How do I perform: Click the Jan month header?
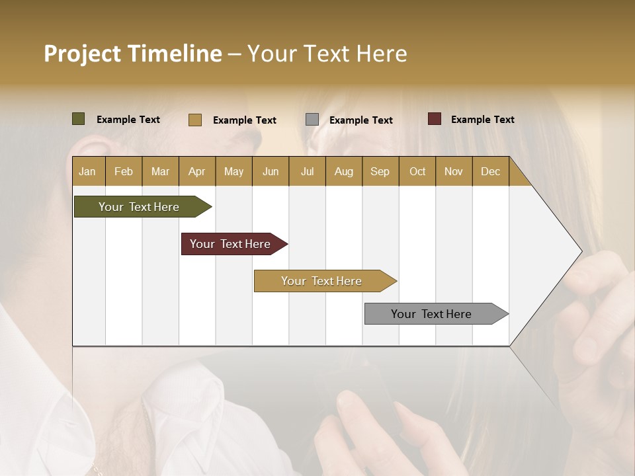[x=87, y=172]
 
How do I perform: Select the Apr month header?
[x=196, y=172]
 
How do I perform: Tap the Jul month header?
[x=307, y=172]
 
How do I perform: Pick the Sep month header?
[x=380, y=172]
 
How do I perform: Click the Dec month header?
[x=490, y=172]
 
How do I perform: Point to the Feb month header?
[x=124, y=172]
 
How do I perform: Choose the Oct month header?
[x=417, y=172]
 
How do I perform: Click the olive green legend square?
[x=78, y=119]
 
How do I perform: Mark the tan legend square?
[x=195, y=120]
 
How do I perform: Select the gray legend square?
[x=312, y=120]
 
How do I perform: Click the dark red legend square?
[x=435, y=119]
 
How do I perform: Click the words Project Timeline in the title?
[x=133, y=54]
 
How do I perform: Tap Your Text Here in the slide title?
[x=327, y=54]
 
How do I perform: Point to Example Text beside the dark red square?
[x=482, y=120]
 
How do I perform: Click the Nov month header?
[x=454, y=172]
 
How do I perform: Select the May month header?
[x=233, y=172]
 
